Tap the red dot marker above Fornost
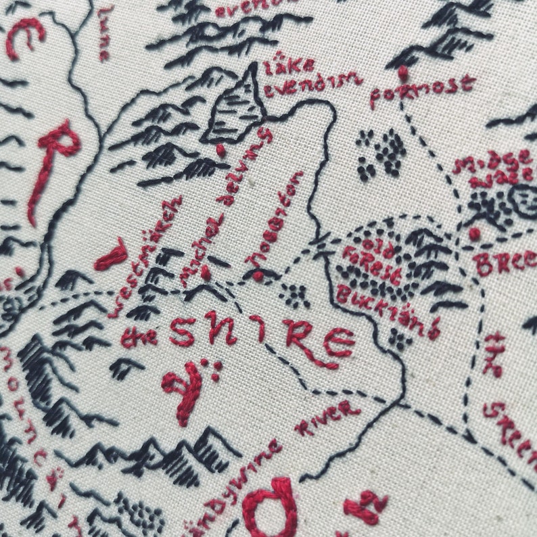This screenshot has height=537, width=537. point(404,72)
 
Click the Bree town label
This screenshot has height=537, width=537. point(503,261)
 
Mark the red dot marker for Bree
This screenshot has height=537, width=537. point(475,234)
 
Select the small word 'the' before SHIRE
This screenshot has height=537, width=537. point(139,336)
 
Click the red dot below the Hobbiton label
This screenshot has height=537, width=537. point(258,275)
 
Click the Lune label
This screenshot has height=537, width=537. point(103,34)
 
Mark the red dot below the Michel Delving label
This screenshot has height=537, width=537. point(206,272)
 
